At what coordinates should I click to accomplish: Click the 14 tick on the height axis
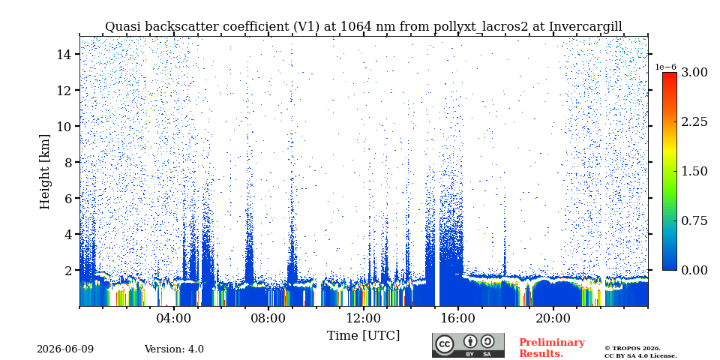(64, 54)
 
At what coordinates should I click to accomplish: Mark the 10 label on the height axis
(64, 126)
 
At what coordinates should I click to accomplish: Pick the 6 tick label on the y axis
(68, 198)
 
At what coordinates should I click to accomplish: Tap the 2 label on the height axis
(68, 270)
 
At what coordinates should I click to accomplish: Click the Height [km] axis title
(44, 172)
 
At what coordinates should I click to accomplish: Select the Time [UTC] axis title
(363, 336)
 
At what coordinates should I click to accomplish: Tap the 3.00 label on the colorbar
(694, 72)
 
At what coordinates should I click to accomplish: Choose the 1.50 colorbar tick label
(694, 171)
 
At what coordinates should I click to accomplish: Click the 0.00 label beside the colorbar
(694, 270)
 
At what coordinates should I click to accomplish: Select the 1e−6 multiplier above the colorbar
(666, 67)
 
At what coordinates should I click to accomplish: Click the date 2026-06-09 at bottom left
(65, 349)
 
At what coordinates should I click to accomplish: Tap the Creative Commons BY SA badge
(468, 345)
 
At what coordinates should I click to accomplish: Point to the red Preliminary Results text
(552, 348)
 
